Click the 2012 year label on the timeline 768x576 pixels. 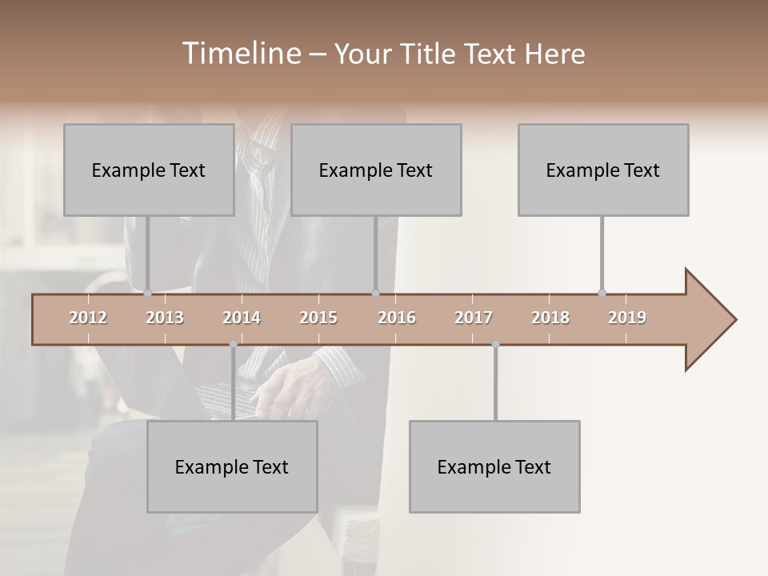pyautogui.click(x=88, y=318)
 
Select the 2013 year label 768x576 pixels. pyautogui.click(x=165, y=318)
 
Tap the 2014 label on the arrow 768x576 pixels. pyautogui.click(x=242, y=318)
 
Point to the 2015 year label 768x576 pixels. pyautogui.click(x=318, y=318)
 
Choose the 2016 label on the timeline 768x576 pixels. pyautogui.click(x=397, y=318)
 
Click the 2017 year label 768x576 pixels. pyautogui.click(x=474, y=318)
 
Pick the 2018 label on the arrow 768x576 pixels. pyautogui.click(x=550, y=318)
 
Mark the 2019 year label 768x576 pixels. pyautogui.click(x=627, y=318)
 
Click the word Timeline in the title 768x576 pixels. pyautogui.click(x=240, y=54)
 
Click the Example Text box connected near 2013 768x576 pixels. pyautogui.click(x=149, y=170)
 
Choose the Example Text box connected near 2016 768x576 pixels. pyautogui.click(x=376, y=170)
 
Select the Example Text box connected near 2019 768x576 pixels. pyautogui.click(x=603, y=170)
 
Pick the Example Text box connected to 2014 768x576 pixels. pyautogui.click(x=232, y=466)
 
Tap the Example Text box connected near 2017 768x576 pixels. pyautogui.click(x=494, y=466)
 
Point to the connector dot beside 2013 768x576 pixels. pyautogui.click(x=148, y=293)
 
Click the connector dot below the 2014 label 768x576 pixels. pyautogui.click(x=233, y=344)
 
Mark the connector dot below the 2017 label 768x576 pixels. pyautogui.click(x=495, y=344)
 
